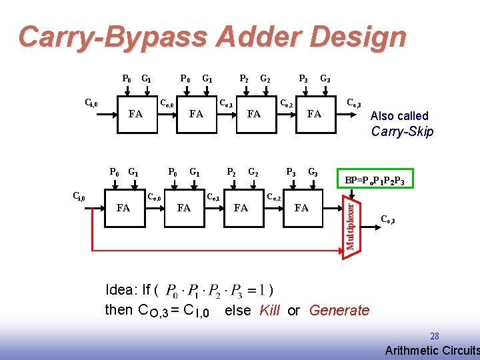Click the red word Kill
pos(269,310)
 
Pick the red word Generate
pos(339,310)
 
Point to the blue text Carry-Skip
pos(402,131)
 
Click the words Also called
pos(399,115)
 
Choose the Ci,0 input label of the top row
pos(91,103)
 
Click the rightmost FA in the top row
pos(314,114)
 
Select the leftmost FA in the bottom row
pos(123,208)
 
